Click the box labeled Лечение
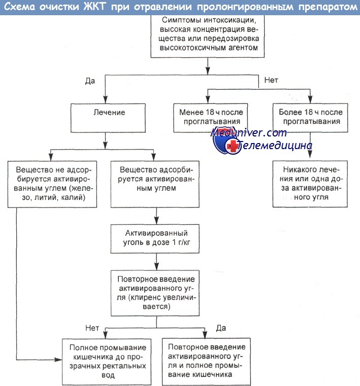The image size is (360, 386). click(x=108, y=118)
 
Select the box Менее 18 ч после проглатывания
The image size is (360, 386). click(x=210, y=118)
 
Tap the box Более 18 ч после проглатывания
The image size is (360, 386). click(x=310, y=118)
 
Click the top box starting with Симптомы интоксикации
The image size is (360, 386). click(x=208, y=36)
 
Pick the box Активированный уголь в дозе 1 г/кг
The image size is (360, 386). click(x=155, y=238)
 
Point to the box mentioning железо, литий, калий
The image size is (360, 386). click(x=52, y=184)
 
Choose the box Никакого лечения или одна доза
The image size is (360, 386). click(x=310, y=184)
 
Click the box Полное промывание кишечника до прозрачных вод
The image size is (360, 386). click(x=107, y=362)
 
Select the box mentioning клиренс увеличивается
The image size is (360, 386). click(x=155, y=293)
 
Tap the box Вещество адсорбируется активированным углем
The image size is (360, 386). click(x=155, y=184)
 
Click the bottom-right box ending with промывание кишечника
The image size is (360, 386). click(x=206, y=361)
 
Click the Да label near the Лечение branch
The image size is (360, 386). click(x=90, y=81)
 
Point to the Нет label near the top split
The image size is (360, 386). click(x=271, y=80)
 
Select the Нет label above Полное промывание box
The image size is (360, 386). click(x=92, y=328)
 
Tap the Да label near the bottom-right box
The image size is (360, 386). click(x=221, y=328)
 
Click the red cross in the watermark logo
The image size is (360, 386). click(x=232, y=146)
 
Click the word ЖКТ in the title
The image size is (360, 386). click(x=94, y=7)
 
